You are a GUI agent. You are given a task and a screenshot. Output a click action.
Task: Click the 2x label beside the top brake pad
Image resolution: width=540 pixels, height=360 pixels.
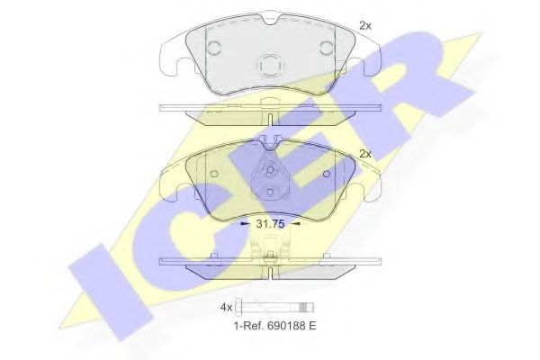(x=364, y=26)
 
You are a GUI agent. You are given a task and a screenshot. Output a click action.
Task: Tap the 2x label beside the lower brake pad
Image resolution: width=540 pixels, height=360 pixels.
(x=364, y=154)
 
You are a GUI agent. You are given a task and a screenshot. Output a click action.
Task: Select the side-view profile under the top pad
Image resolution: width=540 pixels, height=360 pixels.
(x=271, y=109)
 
